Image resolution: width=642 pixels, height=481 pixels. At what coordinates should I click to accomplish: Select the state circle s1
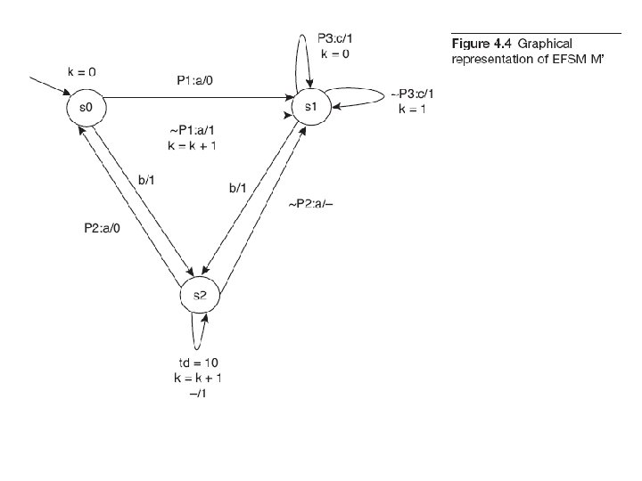(309, 107)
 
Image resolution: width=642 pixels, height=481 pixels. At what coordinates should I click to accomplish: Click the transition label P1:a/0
(195, 81)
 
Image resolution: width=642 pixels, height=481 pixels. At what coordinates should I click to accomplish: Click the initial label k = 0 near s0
(83, 70)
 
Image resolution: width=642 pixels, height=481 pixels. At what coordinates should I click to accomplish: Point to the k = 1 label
(412, 110)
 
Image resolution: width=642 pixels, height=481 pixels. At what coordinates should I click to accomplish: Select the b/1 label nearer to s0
(147, 181)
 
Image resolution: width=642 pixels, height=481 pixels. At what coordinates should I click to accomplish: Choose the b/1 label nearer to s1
(239, 189)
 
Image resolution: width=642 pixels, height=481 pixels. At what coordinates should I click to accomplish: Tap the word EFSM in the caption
(568, 59)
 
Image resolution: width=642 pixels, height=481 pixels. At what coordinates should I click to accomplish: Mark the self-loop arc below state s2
(195, 334)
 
